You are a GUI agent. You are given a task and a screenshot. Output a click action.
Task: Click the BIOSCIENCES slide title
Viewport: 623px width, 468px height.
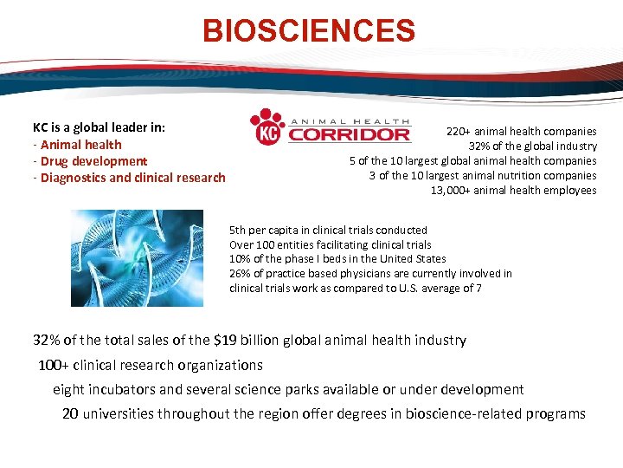(x=309, y=31)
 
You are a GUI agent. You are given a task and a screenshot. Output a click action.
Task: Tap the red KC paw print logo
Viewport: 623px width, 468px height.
(x=267, y=127)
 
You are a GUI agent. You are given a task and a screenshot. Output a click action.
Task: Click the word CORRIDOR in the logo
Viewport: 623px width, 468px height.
(x=349, y=134)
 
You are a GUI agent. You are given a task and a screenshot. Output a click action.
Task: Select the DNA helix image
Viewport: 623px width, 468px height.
(x=137, y=257)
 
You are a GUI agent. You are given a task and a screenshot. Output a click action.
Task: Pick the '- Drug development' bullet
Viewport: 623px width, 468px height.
(x=90, y=161)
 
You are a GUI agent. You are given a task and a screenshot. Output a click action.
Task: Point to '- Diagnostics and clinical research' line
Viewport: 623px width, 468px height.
(x=129, y=178)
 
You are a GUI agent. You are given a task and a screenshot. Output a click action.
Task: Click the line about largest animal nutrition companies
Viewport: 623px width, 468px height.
(x=482, y=176)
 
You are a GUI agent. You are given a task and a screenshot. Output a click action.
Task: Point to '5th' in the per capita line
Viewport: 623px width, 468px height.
(x=238, y=231)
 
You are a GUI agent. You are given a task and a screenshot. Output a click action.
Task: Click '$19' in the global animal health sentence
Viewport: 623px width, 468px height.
(x=233, y=341)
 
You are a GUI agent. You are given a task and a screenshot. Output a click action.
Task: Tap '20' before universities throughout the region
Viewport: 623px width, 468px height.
(x=70, y=413)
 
